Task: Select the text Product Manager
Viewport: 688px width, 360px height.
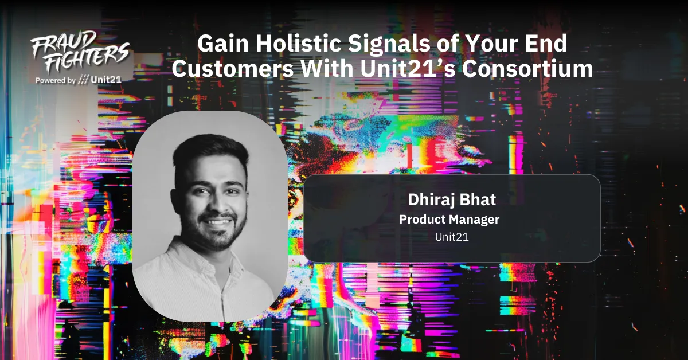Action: point(449,219)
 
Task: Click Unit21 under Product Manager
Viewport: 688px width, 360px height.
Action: point(451,236)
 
